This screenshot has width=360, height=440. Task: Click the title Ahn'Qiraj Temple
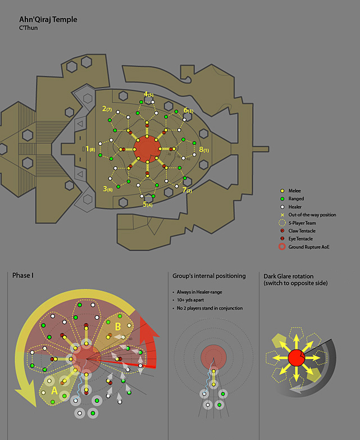[48, 20]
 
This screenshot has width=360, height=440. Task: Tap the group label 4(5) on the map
[148, 94]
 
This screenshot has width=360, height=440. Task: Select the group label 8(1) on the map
[204, 150]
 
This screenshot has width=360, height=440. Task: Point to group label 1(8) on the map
[90, 149]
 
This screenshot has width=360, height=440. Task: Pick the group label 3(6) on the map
[108, 189]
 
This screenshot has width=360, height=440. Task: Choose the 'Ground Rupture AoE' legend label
[312, 246]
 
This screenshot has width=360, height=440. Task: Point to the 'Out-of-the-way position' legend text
[313, 215]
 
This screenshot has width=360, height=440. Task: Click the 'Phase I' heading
[23, 275]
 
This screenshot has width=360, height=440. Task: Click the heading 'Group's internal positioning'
[207, 275]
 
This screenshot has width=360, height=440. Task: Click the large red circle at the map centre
[147, 149]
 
